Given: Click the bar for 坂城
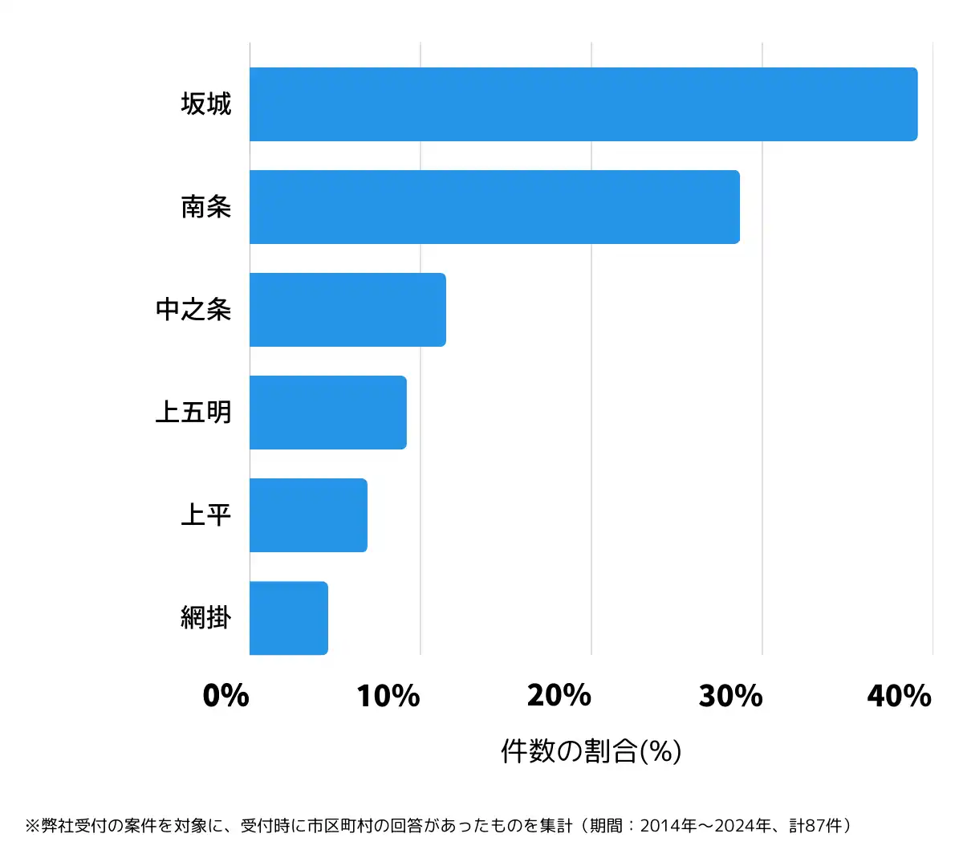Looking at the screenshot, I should pos(583,104).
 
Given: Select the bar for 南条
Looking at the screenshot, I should pos(494,207).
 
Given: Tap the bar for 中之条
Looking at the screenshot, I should pos(347,310).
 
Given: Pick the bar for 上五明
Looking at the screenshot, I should pos(328,413).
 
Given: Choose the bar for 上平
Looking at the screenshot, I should pos(308,515).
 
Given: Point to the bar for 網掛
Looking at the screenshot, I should pos(289,618).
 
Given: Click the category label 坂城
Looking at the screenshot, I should pos(206,104).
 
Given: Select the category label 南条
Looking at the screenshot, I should pos(206,207).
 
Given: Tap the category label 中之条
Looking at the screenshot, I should pos(193,310).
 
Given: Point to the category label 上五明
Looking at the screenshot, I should pos(193,413).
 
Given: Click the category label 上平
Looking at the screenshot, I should pos(206,515).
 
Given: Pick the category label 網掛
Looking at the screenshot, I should pos(206,618).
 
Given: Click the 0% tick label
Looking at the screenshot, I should pos(226,696).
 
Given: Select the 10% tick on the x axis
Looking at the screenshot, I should pos(388,696).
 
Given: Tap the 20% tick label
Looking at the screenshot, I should pos(559,696).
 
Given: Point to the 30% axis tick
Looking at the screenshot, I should pos(730,696).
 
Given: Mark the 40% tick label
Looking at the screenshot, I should pos(900,696).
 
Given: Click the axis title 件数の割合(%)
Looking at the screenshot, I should pos(591,751).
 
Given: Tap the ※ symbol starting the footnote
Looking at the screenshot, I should pos(32,826).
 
